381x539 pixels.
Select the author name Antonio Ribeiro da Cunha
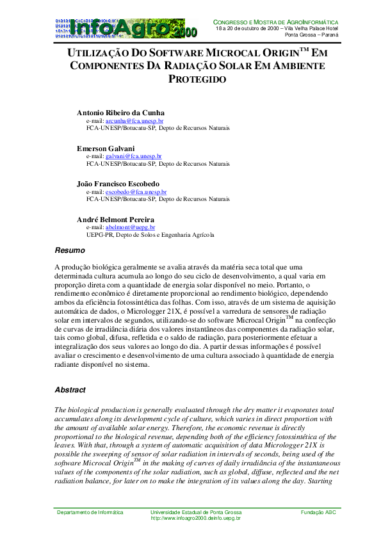click(x=120, y=113)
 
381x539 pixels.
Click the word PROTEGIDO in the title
click(x=197, y=79)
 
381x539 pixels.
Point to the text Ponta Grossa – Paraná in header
click(x=311, y=35)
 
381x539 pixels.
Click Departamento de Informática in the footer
click(x=90, y=513)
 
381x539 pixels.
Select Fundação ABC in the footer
click(x=318, y=513)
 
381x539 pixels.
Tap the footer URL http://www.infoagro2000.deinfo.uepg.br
click(x=195, y=519)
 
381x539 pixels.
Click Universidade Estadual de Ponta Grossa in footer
click(x=195, y=513)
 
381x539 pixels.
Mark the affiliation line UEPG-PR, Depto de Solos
click(x=159, y=235)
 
